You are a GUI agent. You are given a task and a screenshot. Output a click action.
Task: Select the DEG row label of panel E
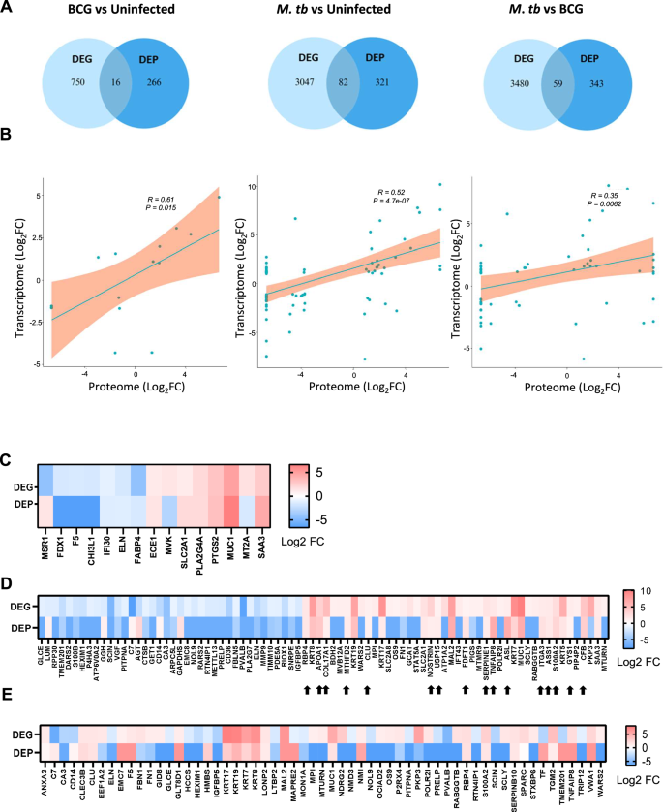pyautogui.click(x=29, y=732)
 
